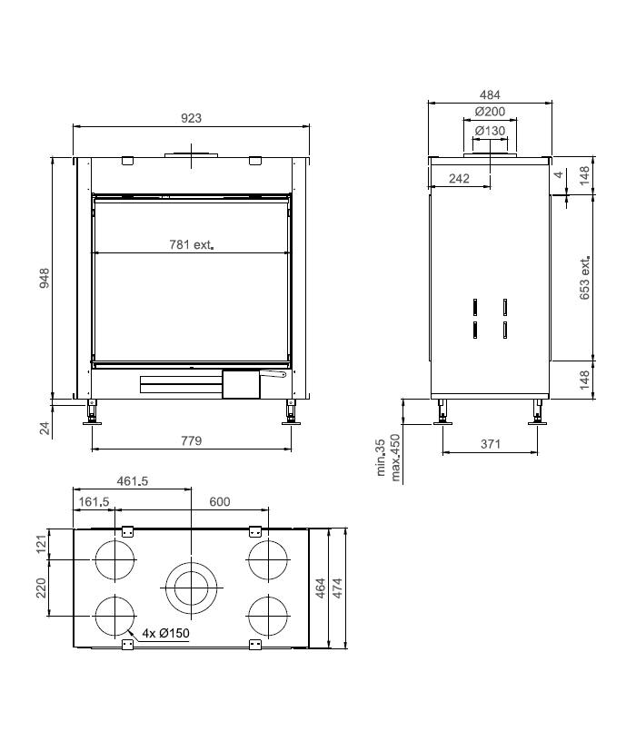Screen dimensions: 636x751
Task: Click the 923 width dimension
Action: point(191,118)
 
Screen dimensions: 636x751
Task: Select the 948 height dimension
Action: point(45,278)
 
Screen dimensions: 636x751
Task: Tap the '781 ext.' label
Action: point(191,245)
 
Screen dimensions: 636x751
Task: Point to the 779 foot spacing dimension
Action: point(191,440)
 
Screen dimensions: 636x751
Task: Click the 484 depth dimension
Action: point(490,94)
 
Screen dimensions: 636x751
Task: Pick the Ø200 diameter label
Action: point(490,112)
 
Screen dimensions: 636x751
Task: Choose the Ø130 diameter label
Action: point(490,131)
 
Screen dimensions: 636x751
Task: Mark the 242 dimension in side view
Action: point(459,179)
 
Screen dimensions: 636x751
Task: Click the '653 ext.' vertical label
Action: point(585,278)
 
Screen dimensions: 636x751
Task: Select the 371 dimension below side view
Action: point(491,444)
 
